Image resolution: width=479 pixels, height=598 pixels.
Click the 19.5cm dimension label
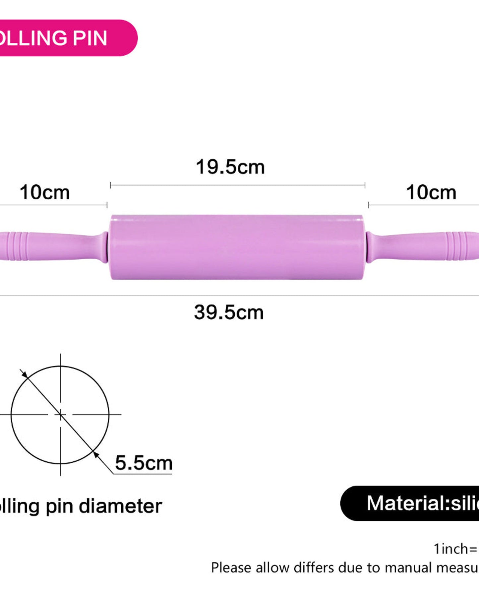[x=230, y=167]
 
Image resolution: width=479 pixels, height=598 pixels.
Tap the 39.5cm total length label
[x=229, y=312]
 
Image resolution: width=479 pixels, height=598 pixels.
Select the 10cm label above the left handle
[x=45, y=192]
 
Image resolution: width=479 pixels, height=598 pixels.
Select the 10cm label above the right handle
[x=431, y=192]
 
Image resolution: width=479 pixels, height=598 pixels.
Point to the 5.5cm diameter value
[x=144, y=463]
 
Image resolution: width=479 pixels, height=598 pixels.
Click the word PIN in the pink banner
[x=90, y=38]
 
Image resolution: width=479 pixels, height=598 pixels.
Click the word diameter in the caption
[x=120, y=506]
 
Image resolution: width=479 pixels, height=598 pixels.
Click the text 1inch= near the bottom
[x=455, y=549]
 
